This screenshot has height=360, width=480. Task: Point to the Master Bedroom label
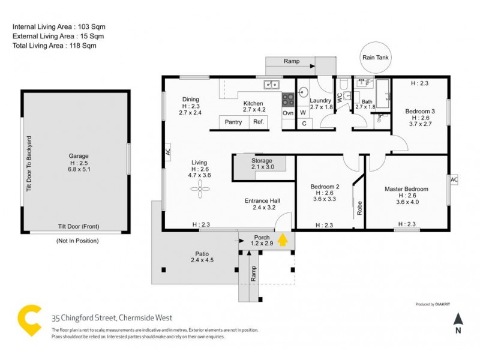(406, 189)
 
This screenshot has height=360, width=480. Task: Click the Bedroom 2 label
(325, 186)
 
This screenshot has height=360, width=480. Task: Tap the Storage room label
(262, 161)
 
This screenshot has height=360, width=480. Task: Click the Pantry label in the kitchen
(233, 122)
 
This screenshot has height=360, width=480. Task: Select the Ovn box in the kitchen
(288, 113)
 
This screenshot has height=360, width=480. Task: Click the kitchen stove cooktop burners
(288, 97)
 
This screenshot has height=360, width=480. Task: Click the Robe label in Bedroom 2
(359, 208)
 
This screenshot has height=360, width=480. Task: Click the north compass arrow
(458, 319)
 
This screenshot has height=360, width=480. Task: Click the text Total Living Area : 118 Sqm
(55, 46)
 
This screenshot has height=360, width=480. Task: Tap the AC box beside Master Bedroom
(454, 179)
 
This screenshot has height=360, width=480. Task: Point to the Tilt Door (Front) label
(77, 226)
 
